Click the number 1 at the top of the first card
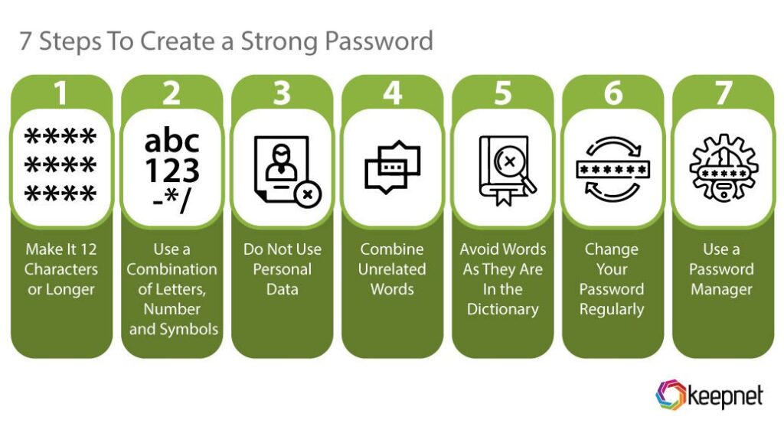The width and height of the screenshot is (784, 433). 60,93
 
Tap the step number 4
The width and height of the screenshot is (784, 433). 393,93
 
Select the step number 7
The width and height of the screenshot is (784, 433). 724,93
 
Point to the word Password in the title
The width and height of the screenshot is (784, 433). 378,41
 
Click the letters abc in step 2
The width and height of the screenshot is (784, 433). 171,141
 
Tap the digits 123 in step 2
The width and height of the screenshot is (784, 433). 172,171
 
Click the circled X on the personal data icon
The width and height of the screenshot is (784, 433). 308,194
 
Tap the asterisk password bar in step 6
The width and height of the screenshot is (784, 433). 612,169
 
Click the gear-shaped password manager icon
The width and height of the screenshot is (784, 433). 724,168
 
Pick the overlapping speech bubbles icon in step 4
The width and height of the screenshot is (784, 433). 393,167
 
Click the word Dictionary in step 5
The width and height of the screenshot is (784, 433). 503,309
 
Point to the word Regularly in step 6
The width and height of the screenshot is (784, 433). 612,309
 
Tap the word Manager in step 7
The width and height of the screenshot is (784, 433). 721,289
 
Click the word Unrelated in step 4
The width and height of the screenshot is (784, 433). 392,269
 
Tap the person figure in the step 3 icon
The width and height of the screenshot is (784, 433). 282,162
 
